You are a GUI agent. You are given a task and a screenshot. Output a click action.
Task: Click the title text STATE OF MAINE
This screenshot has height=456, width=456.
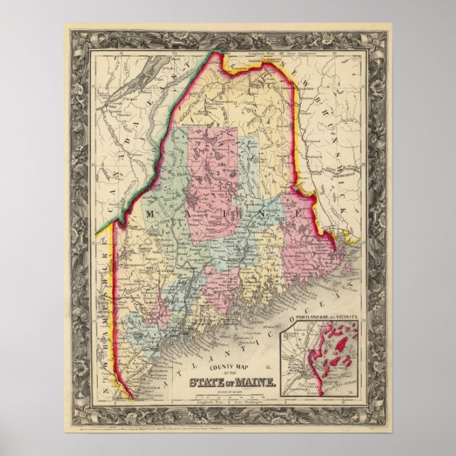229,384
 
